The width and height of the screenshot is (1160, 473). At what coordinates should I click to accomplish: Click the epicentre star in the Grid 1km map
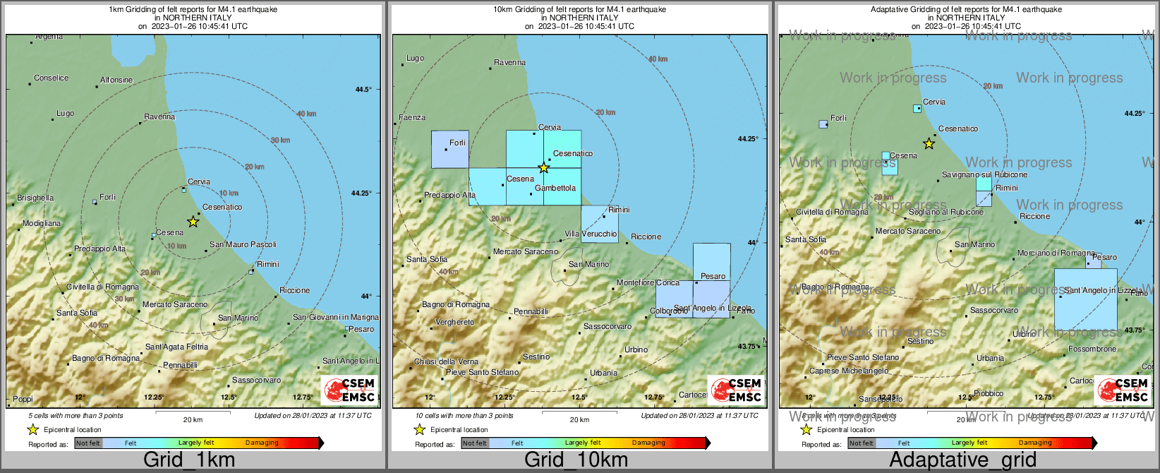coord(193,222)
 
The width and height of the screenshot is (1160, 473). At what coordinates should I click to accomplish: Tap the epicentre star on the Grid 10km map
coord(543,168)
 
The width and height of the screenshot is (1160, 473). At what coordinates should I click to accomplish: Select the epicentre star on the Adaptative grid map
coord(929,144)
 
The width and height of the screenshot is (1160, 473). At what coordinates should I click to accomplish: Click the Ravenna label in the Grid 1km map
coord(159,116)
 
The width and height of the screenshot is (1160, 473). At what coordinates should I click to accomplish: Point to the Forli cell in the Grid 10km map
coord(450,149)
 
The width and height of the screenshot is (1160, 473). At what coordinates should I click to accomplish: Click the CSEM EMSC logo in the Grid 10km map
coord(737,390)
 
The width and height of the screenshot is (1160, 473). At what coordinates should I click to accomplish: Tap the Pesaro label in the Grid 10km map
coord(713,276)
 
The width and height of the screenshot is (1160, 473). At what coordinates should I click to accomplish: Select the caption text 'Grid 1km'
coord(189,460)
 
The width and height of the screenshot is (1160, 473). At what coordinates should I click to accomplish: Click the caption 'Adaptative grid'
coord(962,460)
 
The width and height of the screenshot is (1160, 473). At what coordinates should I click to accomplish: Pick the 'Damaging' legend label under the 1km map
coord(262,443)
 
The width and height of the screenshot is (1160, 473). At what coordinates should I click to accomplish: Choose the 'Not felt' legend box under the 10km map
coord(475,443)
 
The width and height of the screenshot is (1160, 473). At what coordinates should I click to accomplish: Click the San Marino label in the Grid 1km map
coord(238,318)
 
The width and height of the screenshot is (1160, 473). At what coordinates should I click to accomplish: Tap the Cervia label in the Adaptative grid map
coord(934,102)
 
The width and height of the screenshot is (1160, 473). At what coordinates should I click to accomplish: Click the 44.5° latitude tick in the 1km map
coord(363,89)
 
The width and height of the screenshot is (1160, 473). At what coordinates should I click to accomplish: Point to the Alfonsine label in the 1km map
coord(116,80)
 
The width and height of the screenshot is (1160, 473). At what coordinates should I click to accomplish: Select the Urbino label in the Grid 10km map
coord(636,349)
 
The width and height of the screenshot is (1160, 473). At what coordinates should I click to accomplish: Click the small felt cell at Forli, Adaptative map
coord(823,124)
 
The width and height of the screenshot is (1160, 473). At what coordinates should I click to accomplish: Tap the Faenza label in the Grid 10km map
coord(412,117)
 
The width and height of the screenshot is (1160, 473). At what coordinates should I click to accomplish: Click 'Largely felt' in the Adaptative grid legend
coord(969,443)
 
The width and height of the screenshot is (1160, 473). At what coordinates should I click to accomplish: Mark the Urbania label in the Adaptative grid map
coord(990,358)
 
